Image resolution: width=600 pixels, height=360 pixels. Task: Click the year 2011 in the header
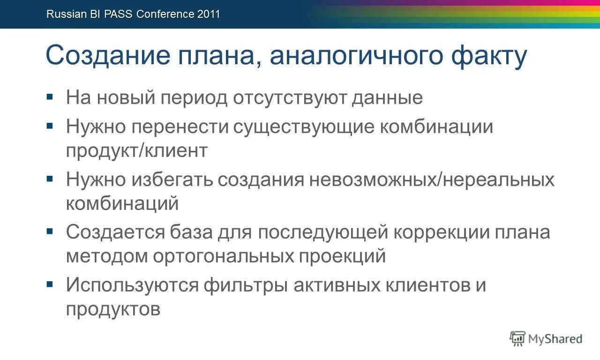209,14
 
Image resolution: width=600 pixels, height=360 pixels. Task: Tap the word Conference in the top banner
165,14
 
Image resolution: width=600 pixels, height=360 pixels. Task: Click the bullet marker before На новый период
50,97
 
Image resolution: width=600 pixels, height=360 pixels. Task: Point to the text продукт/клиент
136,151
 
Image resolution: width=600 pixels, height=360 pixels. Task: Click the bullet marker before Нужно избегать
50,179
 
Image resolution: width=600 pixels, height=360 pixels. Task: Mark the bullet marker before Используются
50,284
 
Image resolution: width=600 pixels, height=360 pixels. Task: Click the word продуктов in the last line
113,309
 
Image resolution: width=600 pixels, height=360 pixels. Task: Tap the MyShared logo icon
517,338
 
